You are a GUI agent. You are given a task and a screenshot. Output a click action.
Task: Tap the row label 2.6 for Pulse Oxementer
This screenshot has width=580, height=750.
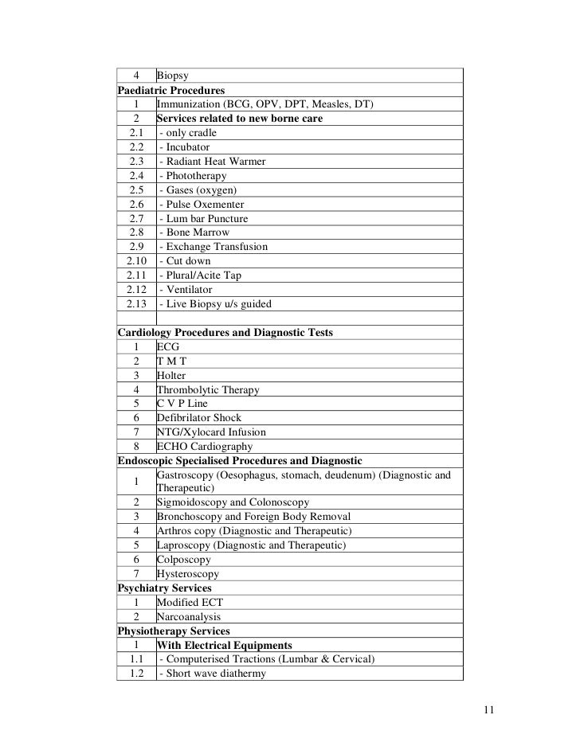click(x=135, y=205)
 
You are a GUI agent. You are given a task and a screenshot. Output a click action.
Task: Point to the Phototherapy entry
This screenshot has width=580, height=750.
click(x=193, y=176)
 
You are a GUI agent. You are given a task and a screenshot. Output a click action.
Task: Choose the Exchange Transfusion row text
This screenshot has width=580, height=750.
click(x=214, y=247)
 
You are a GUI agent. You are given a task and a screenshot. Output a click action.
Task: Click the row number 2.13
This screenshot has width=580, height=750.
click(x=135, y=304)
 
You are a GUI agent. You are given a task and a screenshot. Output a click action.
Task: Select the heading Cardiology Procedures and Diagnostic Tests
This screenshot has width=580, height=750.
click(x=225, y=333)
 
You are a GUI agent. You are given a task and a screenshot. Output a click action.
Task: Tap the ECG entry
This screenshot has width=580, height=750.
click(x=168, y=347)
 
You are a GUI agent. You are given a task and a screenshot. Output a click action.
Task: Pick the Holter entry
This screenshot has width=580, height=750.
click(x=170, y=375)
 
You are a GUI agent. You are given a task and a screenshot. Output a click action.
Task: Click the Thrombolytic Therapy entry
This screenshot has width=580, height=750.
click(x=208, y=390)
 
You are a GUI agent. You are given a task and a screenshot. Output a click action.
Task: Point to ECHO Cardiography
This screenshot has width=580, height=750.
click(x=205, y=447)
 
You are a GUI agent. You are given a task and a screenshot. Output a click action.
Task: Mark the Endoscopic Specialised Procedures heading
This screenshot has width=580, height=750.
click(x=240, y=461)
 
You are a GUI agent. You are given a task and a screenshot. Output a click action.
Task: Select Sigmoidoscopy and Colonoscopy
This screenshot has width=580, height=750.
click(x=233, y=503)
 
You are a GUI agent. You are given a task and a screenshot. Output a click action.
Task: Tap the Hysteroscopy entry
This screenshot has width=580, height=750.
click(x=188, y=574)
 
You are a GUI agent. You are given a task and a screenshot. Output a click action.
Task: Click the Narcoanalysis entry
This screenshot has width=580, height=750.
click(x=189, y=617)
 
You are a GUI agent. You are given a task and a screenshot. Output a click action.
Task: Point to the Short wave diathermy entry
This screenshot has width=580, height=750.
click(x=213, y=674)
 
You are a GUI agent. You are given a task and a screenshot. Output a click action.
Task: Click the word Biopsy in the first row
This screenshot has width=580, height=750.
click(x=172, y=76)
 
